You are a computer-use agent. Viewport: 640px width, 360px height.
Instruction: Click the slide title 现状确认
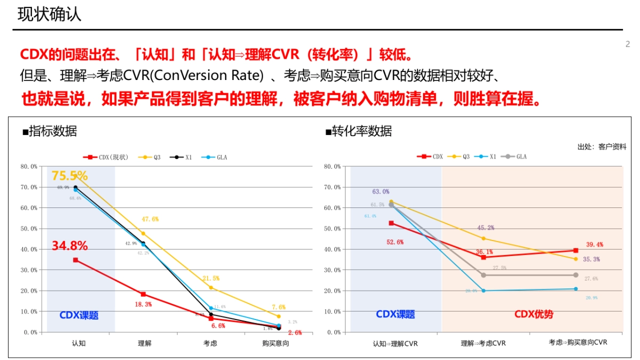pos(49,14)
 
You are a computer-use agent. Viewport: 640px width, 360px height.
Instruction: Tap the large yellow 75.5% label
pos(69,175)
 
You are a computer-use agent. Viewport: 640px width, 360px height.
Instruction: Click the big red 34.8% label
pos(69,246)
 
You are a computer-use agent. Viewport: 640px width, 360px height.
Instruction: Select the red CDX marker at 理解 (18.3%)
pos(143,294)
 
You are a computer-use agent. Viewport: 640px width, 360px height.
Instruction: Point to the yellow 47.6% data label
pos(149,219)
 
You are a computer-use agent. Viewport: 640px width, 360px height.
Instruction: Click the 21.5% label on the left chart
pos(210,278)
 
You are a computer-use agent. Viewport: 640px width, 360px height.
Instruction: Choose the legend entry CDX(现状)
pos(107,157)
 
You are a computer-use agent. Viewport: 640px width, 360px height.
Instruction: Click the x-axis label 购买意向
pos(275,343)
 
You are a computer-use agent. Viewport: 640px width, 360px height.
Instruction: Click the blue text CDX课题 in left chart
pos(79,315)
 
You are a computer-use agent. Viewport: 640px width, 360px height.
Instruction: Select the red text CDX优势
pos(533,314)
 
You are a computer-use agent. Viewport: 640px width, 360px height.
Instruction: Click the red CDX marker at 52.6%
pos(391,223)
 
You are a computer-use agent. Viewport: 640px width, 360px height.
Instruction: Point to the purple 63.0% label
pos(380,191)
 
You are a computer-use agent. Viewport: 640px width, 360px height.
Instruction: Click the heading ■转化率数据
pos(358,131)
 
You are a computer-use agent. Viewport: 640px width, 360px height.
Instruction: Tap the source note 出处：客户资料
pos(602,147)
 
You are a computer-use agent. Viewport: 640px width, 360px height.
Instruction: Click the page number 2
pos(628,44)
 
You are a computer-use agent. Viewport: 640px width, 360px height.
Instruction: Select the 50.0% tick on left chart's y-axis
pos(29,229)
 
